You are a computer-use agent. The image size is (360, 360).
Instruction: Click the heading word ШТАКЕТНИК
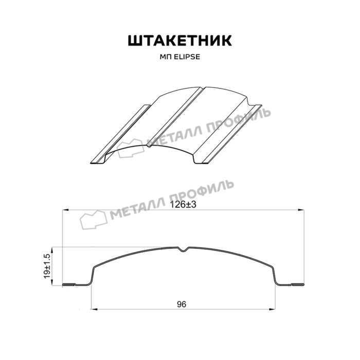point(180,41)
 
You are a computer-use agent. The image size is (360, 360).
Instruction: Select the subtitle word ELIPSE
point(187,57)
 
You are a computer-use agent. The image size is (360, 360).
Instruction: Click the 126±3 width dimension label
point(183,205)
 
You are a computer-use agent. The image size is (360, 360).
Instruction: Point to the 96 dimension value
point(182,304)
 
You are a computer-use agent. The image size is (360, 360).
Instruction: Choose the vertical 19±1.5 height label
point(47,266)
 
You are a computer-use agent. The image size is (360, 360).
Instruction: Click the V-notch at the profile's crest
point(183,249)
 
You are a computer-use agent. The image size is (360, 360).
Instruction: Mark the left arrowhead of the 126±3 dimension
point(66,210)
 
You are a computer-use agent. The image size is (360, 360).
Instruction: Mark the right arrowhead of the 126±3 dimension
point(301,210)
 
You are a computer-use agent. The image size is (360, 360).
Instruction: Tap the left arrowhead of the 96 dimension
point(95,309)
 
